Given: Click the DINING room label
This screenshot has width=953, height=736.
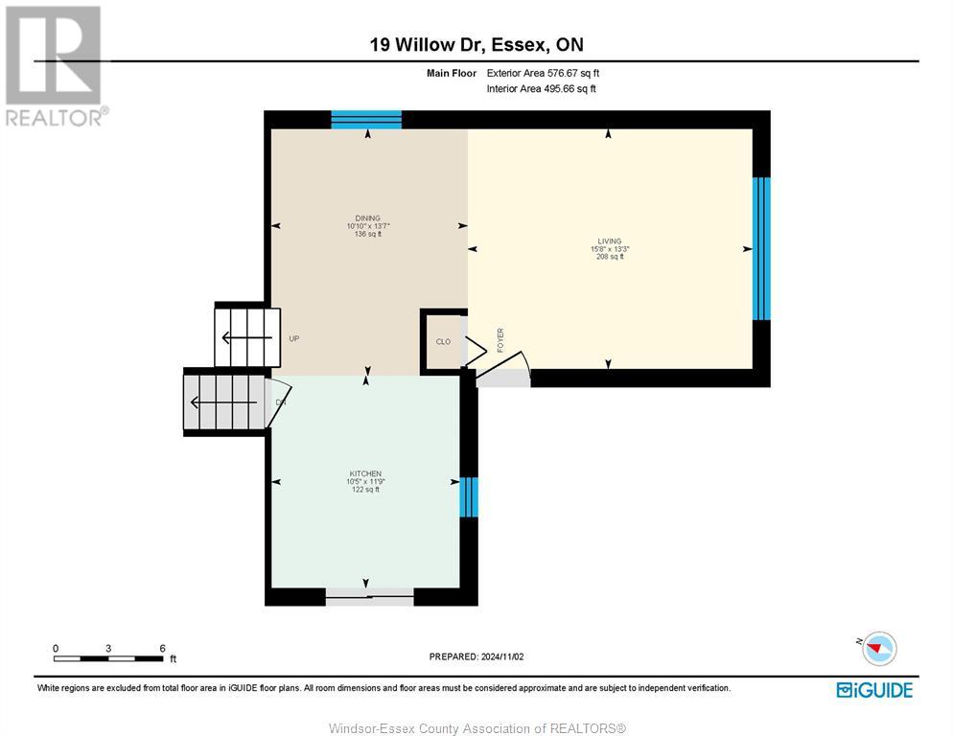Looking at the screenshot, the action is click(368, 218).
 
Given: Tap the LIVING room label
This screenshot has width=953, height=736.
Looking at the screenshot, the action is click(610, 241).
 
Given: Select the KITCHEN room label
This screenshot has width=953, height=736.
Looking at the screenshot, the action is click(365, 474).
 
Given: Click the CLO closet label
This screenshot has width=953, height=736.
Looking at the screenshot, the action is click(443, 341).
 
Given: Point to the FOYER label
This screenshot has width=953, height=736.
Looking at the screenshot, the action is click(500, 340).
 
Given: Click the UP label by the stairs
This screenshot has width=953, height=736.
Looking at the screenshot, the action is click(294, 338).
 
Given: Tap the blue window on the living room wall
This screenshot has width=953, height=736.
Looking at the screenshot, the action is click(761, 248).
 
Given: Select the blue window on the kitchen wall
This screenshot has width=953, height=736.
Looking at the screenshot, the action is click(469, 497).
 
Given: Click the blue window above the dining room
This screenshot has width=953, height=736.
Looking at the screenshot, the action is click(366, 120).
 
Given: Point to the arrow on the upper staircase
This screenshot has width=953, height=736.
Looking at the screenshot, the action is click(246, 338).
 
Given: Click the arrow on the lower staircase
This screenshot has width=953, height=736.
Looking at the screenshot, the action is click(223, 402).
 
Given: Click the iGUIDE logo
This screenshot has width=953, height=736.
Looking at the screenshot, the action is click(874, 690).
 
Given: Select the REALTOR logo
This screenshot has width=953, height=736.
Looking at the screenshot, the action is click(55, 66).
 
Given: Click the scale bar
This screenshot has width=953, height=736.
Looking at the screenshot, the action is click(108, 658).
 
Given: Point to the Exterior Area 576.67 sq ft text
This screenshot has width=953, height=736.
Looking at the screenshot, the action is click(543, 73).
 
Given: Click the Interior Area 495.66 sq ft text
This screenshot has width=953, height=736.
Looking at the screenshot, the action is click(541, 89).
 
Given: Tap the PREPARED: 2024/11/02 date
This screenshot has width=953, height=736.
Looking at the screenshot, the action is click(476, 657).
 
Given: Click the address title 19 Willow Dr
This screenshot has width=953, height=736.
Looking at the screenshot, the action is click(426, 44).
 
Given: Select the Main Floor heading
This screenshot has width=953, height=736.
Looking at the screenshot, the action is click(452, 73).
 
